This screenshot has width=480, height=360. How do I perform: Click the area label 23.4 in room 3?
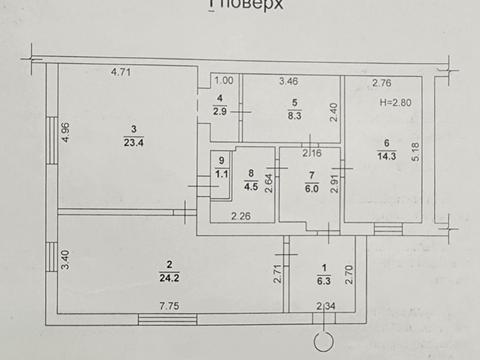(x=132, y=140)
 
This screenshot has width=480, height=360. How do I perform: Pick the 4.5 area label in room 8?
(x=251, y=184)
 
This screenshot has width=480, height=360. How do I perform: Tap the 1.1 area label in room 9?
(x=220, y=170)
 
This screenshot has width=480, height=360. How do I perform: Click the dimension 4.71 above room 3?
(x=121, y=72)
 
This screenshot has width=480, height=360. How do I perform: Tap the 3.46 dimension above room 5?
(x=289, y=80)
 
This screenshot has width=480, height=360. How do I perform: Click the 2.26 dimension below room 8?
(x=241, y=215)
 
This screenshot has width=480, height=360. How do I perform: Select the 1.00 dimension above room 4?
(x=224, y=80)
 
